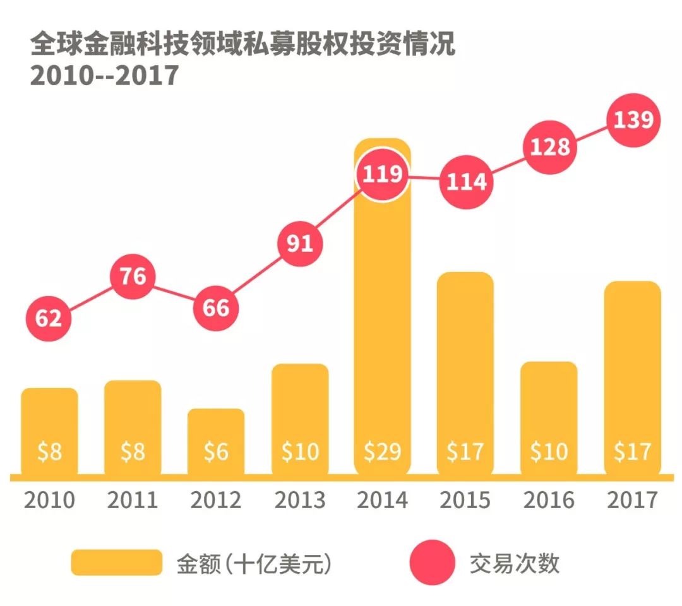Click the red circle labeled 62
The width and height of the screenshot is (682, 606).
(49, 318)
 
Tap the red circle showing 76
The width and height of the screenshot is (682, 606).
(133, 276)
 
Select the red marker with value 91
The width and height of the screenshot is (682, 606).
(300, 244)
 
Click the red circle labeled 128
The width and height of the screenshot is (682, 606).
(549, 147)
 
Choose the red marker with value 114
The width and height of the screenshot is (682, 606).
(466, 182)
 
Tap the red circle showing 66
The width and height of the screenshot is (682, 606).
(216, 308)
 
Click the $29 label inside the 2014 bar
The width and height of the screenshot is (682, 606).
(382, 451)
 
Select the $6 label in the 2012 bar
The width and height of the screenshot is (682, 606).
(216, 451)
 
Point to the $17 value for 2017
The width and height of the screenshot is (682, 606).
(633, 451)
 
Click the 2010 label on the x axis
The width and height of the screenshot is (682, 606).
(49, 500)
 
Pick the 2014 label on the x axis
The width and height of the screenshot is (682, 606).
(382, 500)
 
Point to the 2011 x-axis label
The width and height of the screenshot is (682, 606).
(133, 500)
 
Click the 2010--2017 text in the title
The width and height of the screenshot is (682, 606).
(105, 76)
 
